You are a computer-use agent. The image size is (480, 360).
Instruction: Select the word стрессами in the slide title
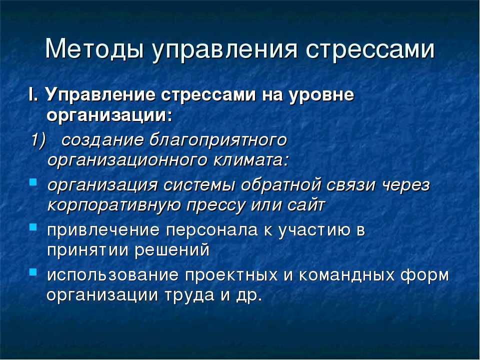coord(370,49)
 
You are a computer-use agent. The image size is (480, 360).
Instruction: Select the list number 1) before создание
coord(38,140)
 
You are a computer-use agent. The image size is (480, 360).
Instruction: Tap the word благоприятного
coord(218,141)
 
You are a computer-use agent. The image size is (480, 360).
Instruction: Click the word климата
coord(251,160)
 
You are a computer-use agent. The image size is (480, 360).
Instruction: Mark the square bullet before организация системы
coord(33,182)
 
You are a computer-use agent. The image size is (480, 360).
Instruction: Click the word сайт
coord(306,204)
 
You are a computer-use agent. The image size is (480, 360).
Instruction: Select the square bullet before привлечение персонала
coord(33,227)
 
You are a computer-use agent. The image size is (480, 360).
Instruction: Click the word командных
coord(347,275)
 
